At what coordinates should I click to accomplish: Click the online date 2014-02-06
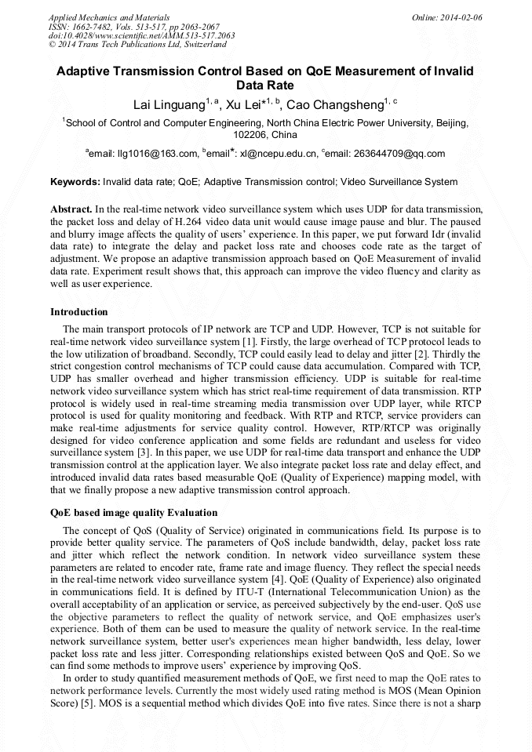(459, 17)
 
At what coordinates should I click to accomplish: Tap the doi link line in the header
(141, 36)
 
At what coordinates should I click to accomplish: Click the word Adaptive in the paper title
(86, 71)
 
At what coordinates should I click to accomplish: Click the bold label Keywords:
(75, 182)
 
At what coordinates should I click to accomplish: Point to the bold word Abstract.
(71, 210)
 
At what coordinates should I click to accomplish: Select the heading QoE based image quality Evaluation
(133, 513)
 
